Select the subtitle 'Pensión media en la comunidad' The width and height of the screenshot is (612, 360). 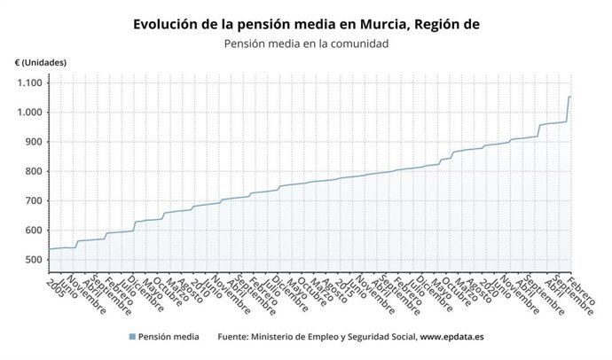(x=306, y=43)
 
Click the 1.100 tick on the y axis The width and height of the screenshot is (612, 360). (x=29, y=82)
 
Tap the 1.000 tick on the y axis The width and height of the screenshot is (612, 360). (x=29, y=113)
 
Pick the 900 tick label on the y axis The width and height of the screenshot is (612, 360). (x=33, y=142)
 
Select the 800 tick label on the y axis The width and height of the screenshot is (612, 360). (x=33, y=171)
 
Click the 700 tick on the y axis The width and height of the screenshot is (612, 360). (x=33, y=200)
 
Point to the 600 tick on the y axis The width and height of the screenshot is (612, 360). (x=33, y=231)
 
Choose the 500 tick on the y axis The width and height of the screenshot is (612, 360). (x=33, y=260)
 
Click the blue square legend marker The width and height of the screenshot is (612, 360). (x=132, y=337)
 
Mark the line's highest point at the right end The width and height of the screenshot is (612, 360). (x=569, y=97)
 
